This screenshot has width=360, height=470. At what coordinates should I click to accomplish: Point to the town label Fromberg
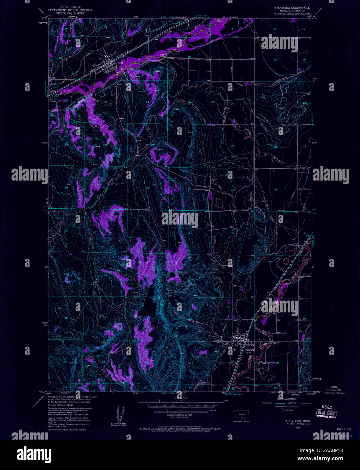249,350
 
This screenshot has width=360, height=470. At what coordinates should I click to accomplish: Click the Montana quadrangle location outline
242,414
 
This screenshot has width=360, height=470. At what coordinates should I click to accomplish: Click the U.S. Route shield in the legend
283,410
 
